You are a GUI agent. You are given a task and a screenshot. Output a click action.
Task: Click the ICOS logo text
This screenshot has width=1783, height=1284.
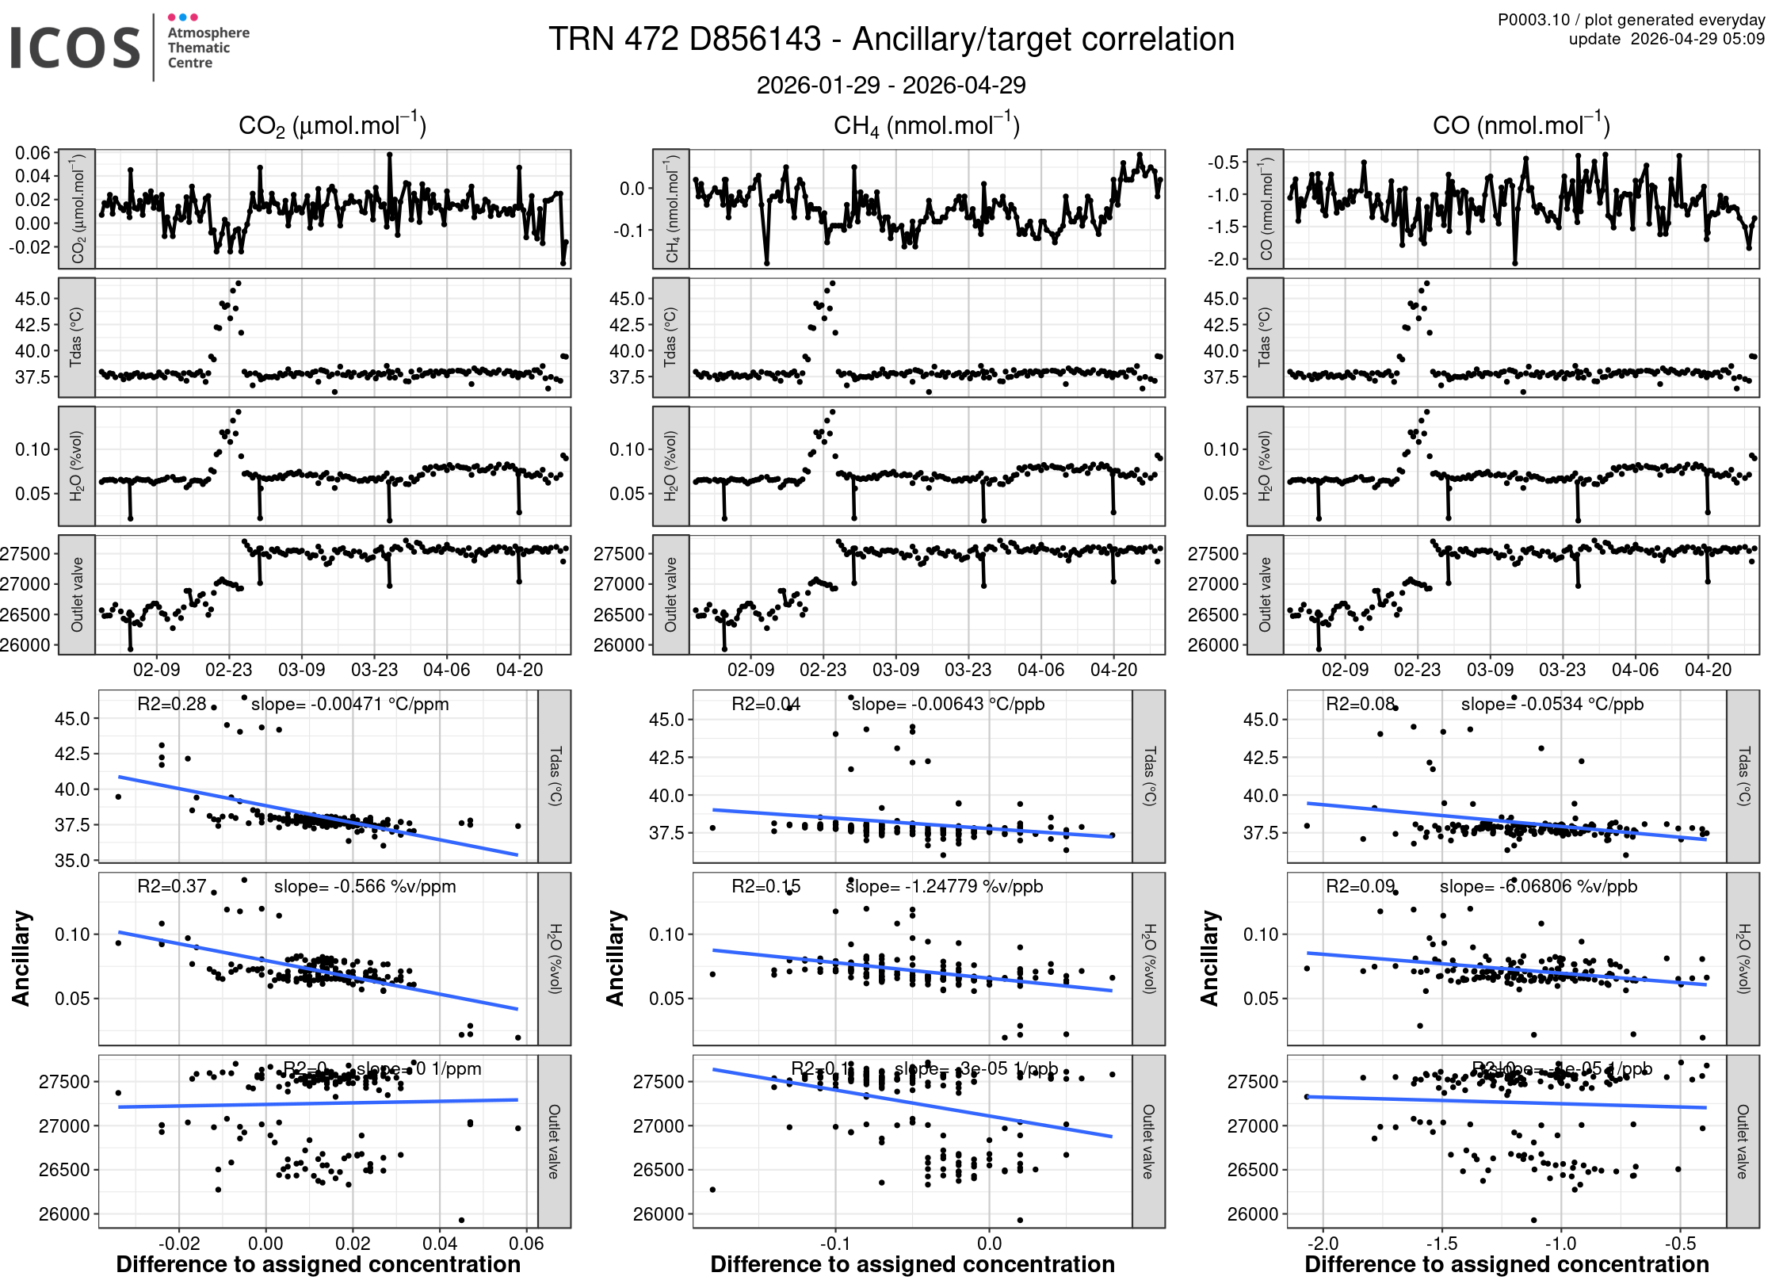pyautogui.click(x=75, y=48)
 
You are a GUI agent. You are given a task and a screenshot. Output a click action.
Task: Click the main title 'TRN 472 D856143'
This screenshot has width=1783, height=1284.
pyautogui.click(x=685, y=39)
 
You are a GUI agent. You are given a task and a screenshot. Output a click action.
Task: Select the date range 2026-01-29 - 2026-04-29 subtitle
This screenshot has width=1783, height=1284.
pyautogui.click(x=891, y=85)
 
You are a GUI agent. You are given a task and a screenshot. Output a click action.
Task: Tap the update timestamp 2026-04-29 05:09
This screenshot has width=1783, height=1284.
pyautogui.click(x=1697, y=39)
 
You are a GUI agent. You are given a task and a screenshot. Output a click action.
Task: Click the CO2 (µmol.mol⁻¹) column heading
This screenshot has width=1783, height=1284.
pyautogui.click(x=332, y=125)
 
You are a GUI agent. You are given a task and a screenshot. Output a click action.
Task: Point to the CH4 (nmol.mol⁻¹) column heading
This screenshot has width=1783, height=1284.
pyautogui.click(x=926, y=125)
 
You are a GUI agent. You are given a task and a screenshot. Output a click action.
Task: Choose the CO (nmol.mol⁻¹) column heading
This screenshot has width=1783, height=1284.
pyautogui.click(x=1521, y=125)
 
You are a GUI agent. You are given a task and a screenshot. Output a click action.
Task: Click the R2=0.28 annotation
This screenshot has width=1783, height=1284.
pyautogui.click(x=171, y=704)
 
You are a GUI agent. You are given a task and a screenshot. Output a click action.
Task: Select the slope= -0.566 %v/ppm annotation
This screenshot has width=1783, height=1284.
pyautogui.click(x=365, y=886)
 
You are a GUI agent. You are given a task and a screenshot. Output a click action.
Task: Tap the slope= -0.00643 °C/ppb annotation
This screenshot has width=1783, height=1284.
pyautogui.click(x=948, y=704)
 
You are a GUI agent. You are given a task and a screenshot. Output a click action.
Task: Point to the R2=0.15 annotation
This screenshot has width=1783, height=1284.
pyautogui.click(x=766, y=886)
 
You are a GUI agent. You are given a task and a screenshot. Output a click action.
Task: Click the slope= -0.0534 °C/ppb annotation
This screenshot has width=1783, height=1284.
pyautogui.click(x=1552, y=704)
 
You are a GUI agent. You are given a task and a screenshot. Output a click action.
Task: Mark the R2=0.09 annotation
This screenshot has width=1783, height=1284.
pyautogui.click(x=1360, y=886)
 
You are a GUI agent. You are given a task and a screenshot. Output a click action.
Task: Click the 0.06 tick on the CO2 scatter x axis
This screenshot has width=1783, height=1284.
pyautogui.click(x=526, y=1243)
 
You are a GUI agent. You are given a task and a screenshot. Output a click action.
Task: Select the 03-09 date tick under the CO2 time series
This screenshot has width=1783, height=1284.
pyautogui.click(x=301, y=670)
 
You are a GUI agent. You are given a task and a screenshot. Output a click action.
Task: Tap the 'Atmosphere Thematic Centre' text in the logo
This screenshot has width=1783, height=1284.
pyautogui.click(x=208, y=48)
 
